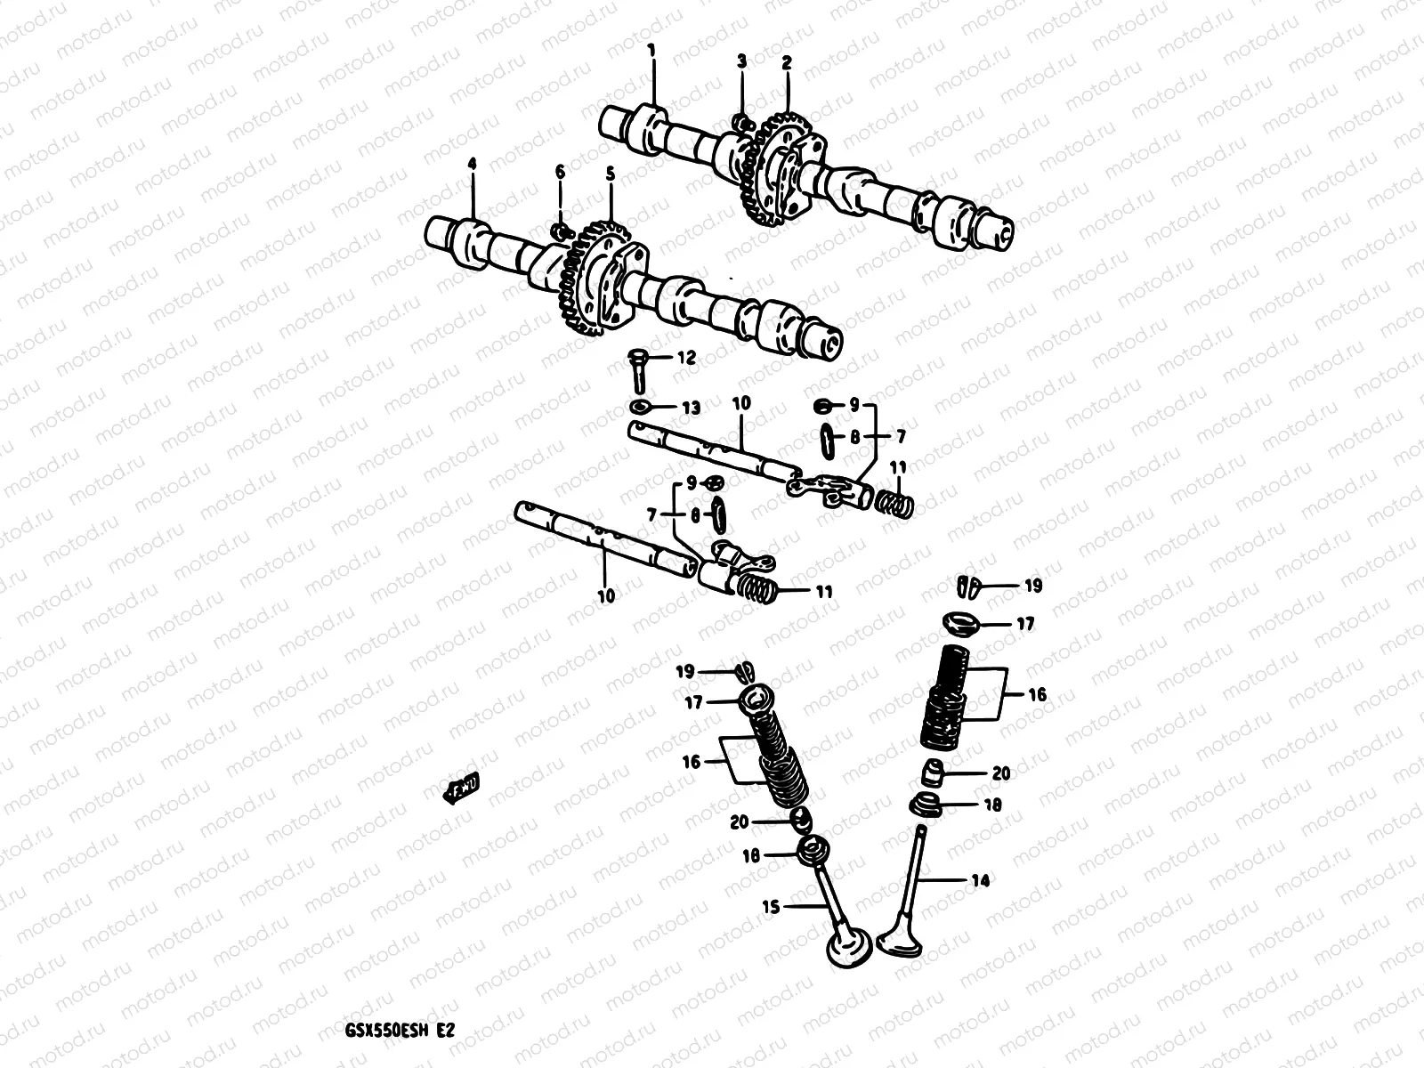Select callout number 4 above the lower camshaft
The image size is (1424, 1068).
[473, 164]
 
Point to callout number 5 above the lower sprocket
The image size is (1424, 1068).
[611, 176]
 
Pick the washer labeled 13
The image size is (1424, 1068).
[640, 408]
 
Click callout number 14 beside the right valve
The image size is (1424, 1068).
[981, 880]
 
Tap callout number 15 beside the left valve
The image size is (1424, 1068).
[772, 907]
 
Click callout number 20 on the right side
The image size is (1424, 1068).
[1001, 773]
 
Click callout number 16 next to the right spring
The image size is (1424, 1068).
[1038, 694]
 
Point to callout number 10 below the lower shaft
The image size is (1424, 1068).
[606, 595]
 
